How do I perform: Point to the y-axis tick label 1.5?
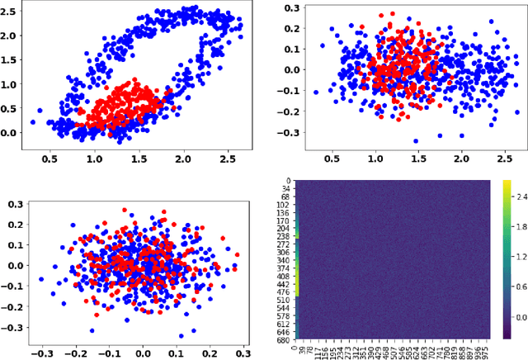pos(12,61)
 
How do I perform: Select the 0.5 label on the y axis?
pos(12,109)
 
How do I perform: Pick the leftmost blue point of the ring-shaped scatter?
pos(33,121)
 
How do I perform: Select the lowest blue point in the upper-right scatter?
pos(415,140)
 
